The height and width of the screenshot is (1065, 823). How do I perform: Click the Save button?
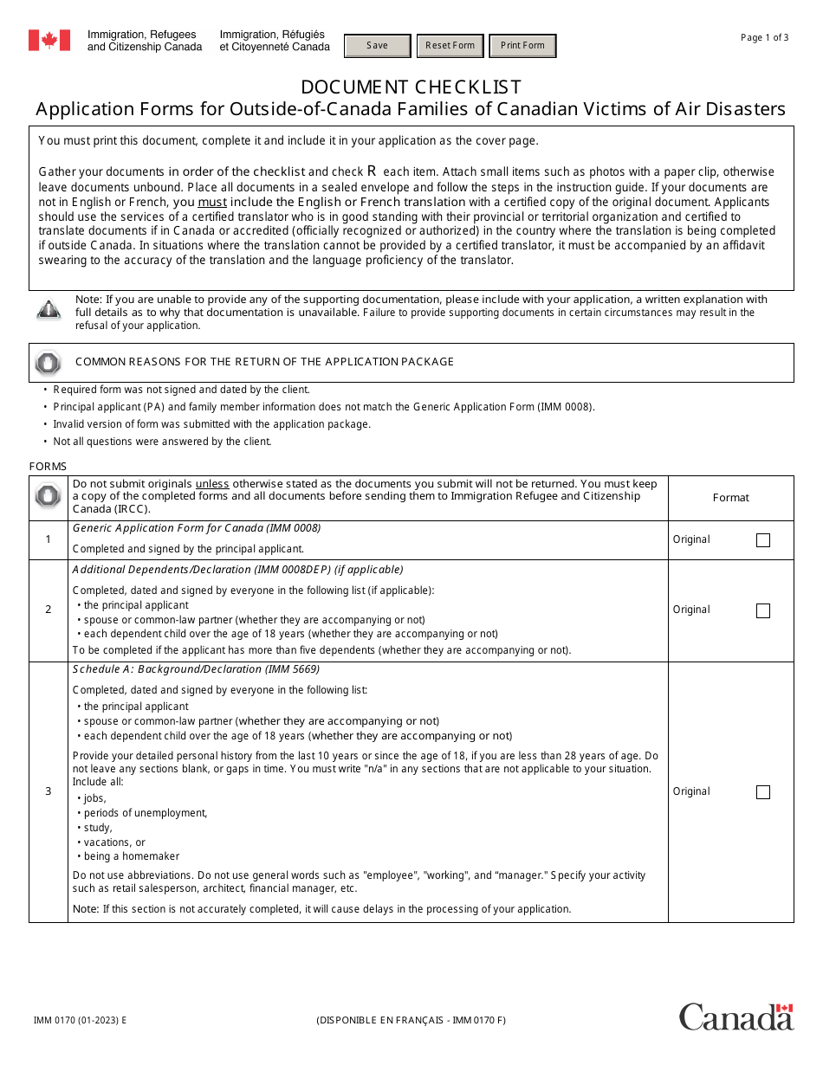(378, 46)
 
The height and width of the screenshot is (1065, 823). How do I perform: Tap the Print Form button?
(522, 46)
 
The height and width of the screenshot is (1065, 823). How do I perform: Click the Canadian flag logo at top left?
(49, 40)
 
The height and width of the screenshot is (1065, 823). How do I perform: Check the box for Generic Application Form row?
(762, 540)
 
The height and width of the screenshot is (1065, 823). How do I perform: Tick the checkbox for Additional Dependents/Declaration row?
(762, 610)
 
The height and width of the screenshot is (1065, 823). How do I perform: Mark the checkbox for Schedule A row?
(762, 792)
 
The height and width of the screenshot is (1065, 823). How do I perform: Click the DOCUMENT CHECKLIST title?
(411, 87)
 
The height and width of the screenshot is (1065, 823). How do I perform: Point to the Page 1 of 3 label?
(764, 37)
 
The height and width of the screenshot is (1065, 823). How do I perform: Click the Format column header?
(730, 497)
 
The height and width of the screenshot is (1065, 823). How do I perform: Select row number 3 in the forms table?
(49, 791)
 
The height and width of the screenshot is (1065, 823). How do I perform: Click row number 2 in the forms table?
(49, 610)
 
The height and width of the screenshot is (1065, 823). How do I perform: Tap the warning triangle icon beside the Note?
(49, 309)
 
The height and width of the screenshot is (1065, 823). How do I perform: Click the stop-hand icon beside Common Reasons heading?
(49, 363)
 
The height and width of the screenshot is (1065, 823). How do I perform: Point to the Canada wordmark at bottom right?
(736, 1017)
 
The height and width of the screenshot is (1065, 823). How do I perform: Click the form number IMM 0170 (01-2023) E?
(80, 1020)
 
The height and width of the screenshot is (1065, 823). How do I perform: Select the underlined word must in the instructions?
(212, 202)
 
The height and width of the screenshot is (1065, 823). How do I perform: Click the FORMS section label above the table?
(48, 467)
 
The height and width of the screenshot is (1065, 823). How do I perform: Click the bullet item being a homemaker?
(132, 856)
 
